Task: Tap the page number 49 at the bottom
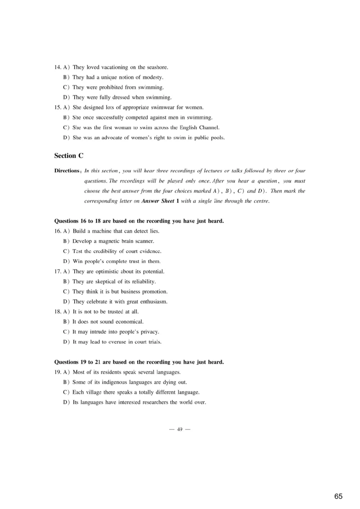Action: click(x=180, y=429)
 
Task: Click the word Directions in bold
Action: click(x=67, y=171)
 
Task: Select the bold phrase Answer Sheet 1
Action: click(x=160, y=201)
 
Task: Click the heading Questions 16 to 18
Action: click(x=139, y=221)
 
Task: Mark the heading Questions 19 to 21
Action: click(x=139, y=362)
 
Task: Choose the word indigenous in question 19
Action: click(x=117, y=382)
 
